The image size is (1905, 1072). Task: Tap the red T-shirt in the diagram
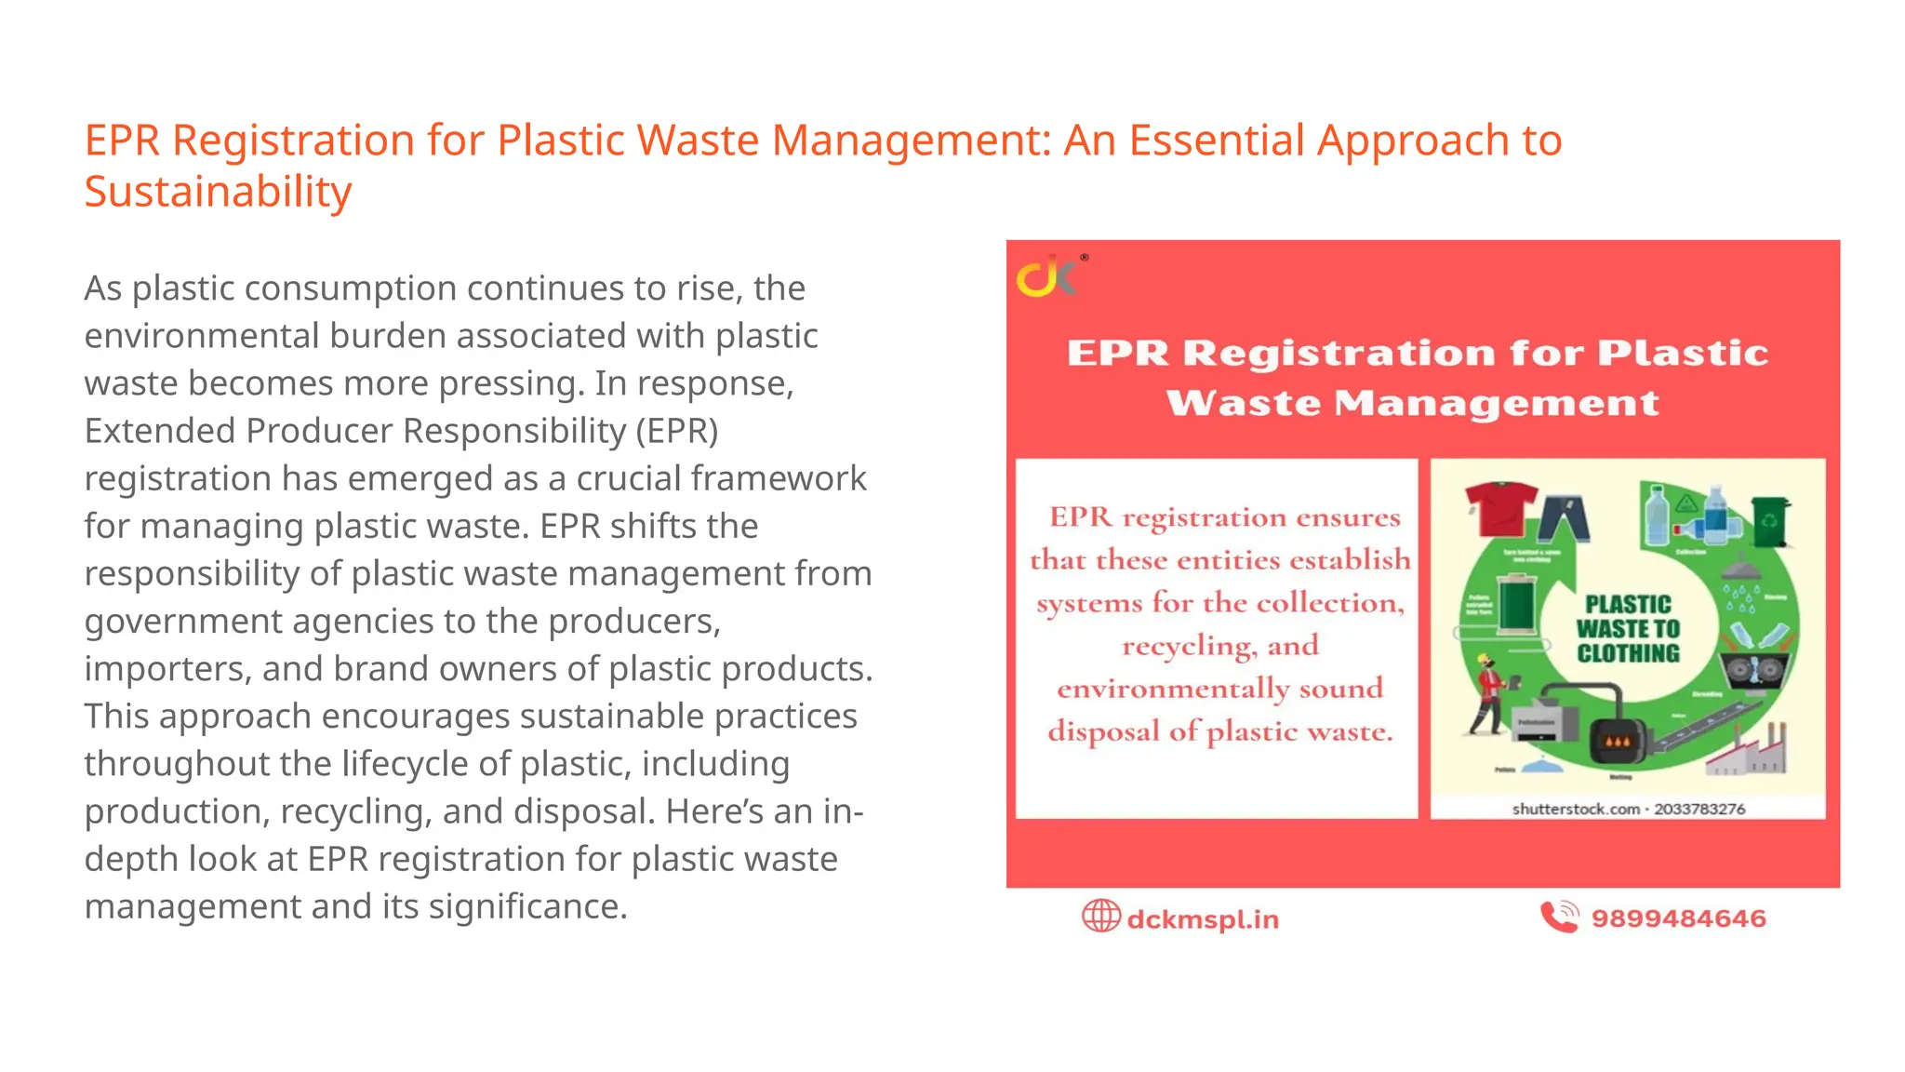1499,508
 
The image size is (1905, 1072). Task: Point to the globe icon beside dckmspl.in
1100,917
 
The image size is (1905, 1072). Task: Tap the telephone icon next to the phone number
1559,917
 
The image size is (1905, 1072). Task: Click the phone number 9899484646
1678,918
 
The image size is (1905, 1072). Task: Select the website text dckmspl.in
1203,919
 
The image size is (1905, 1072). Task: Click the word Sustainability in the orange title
219,192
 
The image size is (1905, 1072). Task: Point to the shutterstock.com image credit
1628,809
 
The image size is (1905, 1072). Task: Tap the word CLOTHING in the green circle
1628,653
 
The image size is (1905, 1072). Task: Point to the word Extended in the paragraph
159,431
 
